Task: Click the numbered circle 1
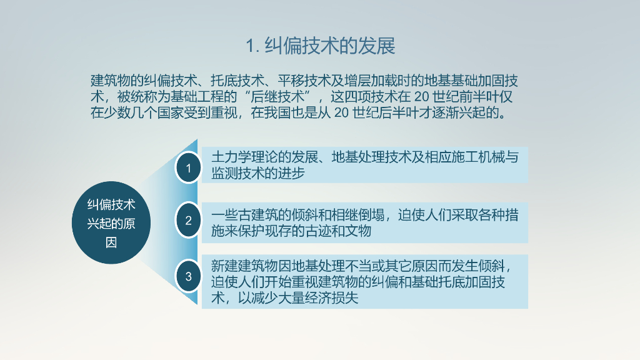[188, 167]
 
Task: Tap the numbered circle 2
[188, 221]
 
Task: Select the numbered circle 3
[188, 276]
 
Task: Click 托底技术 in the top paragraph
[237, 81]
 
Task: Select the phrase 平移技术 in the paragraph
[304, 81]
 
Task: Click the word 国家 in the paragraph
[170, 112]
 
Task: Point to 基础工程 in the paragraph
[197, 97]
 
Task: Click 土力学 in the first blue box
[231, 157]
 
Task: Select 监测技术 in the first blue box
[237, 173]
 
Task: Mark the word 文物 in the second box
[358, 231]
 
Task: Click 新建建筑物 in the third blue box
[244, 266]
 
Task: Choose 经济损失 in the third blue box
[331, 298]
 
